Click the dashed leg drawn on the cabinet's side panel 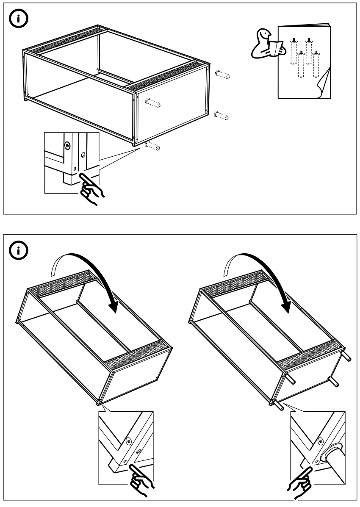153,103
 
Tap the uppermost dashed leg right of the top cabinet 222,75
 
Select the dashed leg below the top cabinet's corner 152,146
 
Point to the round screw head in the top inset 67,145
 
